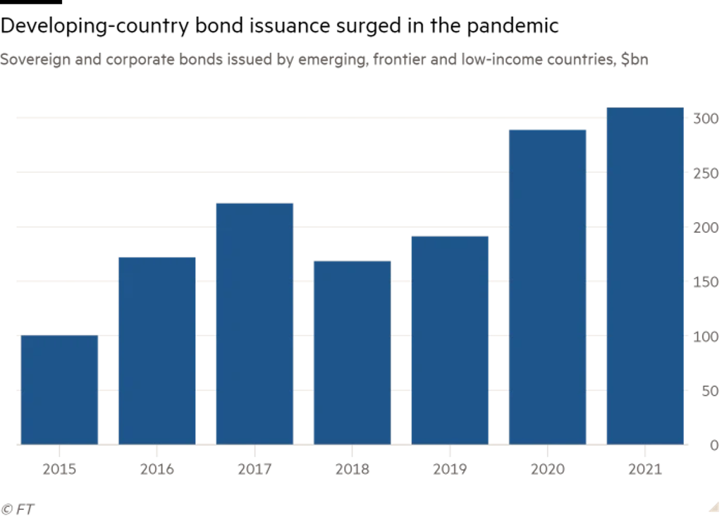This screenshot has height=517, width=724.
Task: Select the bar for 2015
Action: click(x=59, y=389)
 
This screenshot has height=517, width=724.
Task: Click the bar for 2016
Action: click(x=157, y=351)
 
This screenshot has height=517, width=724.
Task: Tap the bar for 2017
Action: click(x=254, y=324)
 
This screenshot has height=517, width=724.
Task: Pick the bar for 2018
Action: click(x=352, y=353)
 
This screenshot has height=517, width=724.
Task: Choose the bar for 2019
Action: click(x=450, y=340)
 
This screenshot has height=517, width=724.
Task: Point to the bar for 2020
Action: click(x=548, y=287)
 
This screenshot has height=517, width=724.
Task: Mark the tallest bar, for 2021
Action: click(x=645, y=276)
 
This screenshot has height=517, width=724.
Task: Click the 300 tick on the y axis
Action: click(x=705, y=119)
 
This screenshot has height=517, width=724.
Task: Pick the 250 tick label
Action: click(x=705, y=174)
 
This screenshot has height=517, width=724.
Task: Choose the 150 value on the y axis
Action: click(x=705, y=282)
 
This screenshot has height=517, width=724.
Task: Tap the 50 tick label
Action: click(x=708, y=391)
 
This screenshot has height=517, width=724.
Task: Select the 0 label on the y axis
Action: click(x=713, y=445)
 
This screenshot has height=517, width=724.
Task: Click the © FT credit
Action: click(x=18, y=508)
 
